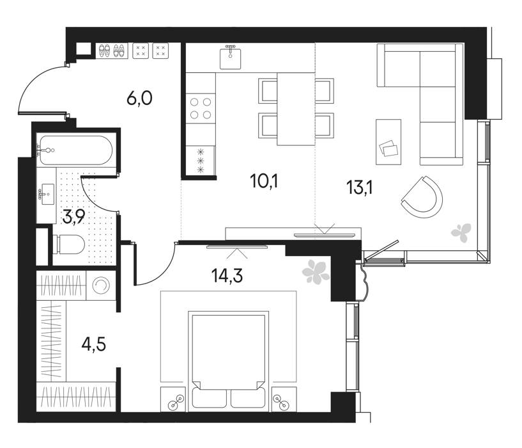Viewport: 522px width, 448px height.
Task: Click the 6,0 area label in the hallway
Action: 139,99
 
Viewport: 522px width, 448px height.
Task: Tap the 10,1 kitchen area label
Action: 265,181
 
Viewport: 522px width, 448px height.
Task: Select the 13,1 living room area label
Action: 360,188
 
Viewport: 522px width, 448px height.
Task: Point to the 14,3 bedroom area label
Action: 227,276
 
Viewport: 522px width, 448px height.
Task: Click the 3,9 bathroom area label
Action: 74,216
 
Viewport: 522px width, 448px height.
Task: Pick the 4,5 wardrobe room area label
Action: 94,344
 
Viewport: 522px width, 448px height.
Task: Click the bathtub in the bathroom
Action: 76,150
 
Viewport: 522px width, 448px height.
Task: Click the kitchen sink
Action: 231,58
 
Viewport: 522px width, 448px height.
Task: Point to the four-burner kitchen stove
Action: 201,108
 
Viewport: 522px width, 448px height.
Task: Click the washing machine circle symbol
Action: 101,285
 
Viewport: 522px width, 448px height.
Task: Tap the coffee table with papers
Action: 388,142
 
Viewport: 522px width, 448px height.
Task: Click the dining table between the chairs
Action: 296,109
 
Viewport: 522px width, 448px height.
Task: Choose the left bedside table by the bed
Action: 173,399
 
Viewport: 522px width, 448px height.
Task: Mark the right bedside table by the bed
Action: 284,399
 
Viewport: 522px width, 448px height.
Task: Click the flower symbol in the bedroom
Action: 315,271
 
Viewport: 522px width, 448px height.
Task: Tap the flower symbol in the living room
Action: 461,232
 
